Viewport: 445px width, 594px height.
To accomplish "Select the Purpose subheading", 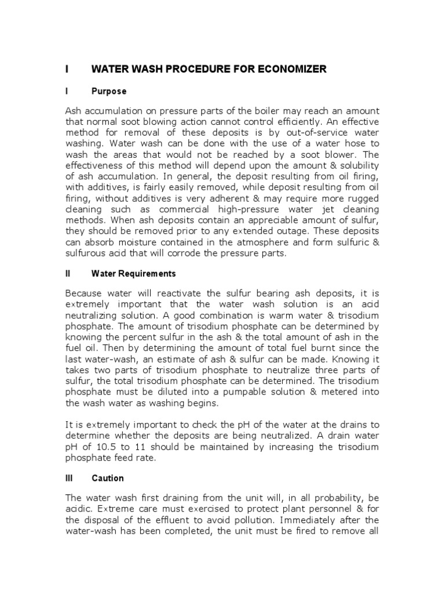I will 109,92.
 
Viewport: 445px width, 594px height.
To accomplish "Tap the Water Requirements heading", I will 133,273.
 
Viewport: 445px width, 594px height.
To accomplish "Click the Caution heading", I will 108,479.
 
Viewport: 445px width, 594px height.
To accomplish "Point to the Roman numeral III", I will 68,479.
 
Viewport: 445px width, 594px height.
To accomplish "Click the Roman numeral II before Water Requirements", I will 67,273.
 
